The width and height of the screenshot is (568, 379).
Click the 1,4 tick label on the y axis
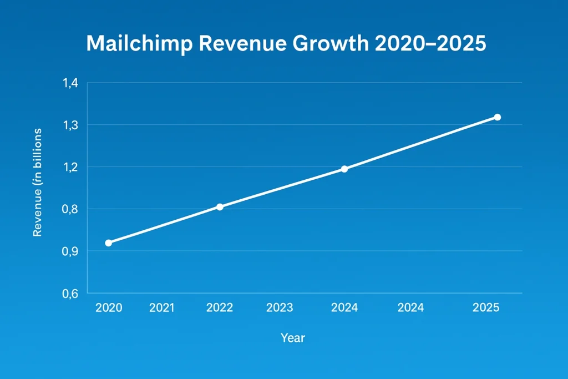point(72,83)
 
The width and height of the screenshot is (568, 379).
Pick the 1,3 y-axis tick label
point(72,125)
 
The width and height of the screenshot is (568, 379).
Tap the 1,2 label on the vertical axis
point(72,168)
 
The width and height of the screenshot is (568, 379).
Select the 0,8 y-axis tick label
point(72,210)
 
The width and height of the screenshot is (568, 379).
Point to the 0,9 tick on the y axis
point(72,252)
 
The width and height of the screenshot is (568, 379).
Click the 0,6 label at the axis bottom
point(72,294)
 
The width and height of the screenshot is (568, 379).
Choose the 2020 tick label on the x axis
point(109,307)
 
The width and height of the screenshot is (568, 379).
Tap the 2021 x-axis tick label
point(161,307)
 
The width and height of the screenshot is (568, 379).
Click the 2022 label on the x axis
point(220,307)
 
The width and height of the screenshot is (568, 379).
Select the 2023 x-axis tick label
point(280,307)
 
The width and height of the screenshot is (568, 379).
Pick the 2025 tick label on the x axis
point(486,307)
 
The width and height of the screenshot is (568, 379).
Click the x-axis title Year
point(292,337)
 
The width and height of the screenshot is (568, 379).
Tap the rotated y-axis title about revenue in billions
point(38,183)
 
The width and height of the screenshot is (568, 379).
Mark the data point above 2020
point(109,243)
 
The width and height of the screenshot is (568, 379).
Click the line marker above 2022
point(220,207)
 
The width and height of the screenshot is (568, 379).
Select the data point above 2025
point(497,117)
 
